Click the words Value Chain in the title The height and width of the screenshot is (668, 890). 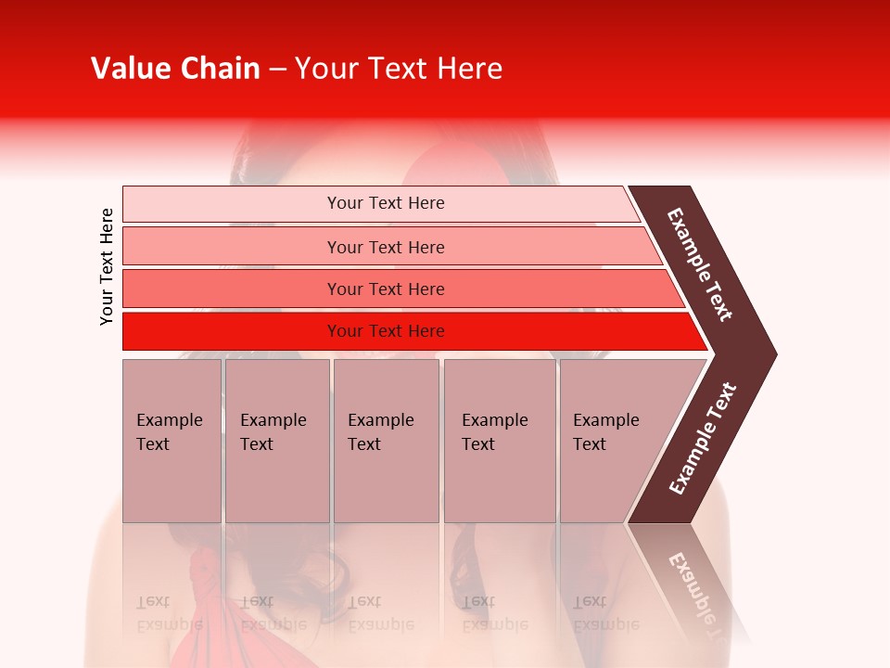175,69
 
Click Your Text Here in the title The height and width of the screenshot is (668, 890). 399,69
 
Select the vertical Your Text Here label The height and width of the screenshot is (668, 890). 107,266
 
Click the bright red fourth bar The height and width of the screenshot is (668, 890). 232,331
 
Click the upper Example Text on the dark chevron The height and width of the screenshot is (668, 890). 700,264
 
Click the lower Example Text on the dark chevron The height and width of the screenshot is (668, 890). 702,438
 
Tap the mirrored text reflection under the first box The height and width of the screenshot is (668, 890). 167,613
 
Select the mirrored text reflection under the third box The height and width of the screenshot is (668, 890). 380,613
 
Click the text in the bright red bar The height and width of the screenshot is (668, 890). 386,331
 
